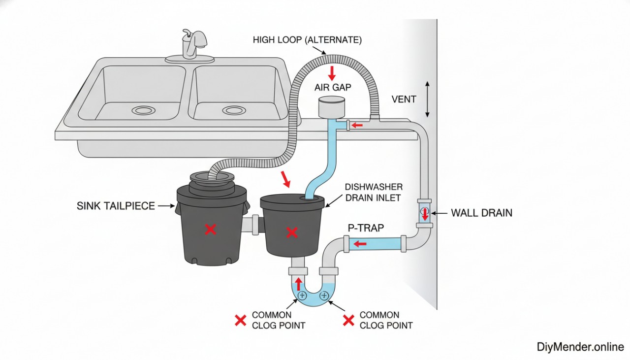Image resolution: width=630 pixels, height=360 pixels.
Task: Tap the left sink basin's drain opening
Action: coord(144,110)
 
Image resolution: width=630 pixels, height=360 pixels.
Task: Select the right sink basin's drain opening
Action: coord(234,110)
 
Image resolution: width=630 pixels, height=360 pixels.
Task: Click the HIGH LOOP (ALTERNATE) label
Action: coord(307,40)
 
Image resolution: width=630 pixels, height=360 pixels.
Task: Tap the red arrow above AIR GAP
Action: coord(332,73)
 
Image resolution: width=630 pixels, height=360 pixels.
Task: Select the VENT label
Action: coord(404,99)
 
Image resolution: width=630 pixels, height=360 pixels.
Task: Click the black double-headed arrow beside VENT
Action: coord(427,99)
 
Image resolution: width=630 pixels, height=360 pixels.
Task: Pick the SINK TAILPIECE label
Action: coord(116,206)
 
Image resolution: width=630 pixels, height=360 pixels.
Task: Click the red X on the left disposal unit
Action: coord(211,229)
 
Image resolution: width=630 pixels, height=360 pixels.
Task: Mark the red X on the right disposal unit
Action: coord(292,232)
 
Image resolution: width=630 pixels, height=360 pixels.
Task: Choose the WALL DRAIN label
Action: coord(481,213)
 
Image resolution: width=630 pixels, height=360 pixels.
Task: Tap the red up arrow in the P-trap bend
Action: coord(298,284)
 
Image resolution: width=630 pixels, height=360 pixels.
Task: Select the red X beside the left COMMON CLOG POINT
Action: coord(240,321)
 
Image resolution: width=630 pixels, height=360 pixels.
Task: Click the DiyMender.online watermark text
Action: coord(580,347)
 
